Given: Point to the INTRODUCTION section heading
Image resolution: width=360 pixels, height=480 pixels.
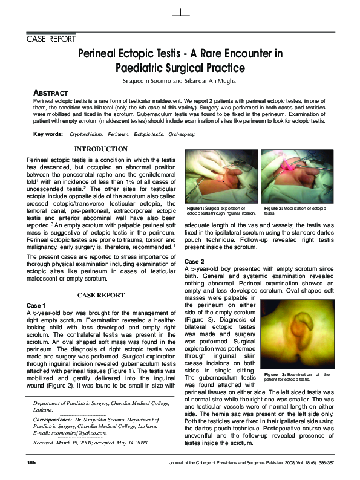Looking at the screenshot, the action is tap(100, 149).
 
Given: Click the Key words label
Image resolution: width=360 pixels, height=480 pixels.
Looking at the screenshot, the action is tap(48, 134).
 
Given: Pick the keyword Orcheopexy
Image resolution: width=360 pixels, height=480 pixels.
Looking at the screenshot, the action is tap(182, 134).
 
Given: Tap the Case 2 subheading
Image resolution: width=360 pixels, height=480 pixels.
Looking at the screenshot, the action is tap(195, 261).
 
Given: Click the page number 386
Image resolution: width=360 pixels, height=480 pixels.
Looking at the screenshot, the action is tap(33, 462).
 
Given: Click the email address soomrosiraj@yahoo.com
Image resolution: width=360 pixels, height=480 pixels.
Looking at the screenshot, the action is tap(74, 433).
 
